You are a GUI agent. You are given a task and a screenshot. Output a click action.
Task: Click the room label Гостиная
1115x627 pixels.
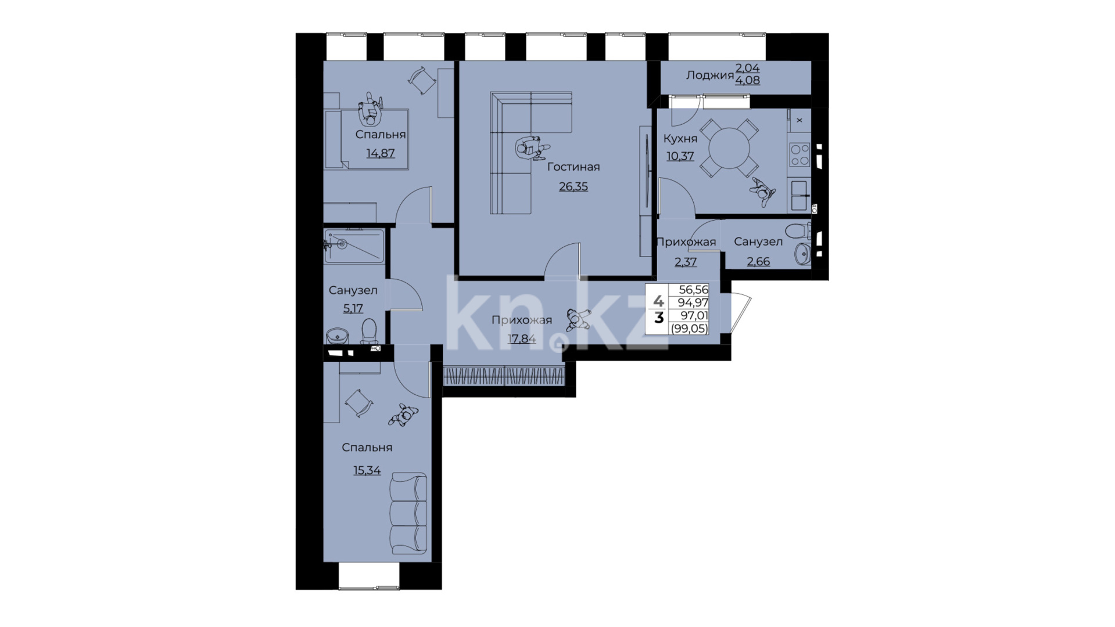tap(573, 167)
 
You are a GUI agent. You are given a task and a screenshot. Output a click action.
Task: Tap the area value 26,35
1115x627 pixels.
tap(573, 187)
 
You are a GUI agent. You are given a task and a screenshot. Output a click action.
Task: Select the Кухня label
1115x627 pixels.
tap(680, 139)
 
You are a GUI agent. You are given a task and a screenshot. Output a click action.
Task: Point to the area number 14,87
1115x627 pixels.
tap(381, 153)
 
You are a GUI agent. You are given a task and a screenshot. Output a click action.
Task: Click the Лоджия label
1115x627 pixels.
tap(709, 75)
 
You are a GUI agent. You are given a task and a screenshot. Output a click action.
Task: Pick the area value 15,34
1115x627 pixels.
tap(367, 470)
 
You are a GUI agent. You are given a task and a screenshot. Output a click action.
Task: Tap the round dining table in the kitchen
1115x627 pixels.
tap(729, 147)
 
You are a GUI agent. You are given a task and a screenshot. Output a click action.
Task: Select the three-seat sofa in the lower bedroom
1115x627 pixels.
tap(409, 513)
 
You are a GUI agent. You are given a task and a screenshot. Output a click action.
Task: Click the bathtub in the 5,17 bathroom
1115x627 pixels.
tap(354, 246)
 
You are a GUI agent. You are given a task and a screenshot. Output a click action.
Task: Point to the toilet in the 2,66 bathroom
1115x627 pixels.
tap(802, 230)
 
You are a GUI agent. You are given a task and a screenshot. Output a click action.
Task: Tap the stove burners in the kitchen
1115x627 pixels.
tap(799, 154)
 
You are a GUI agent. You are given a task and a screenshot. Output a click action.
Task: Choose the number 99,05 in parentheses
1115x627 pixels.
tap(689, 329)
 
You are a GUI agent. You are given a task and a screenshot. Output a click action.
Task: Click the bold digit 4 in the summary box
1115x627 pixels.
tap(658, 301)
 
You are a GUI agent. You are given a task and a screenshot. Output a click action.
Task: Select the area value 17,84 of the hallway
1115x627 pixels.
tap(522, 339)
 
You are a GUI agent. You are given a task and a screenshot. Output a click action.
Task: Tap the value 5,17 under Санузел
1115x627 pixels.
tap(353, 308)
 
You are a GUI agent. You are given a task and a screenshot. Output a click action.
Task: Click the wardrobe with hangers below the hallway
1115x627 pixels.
tap(503, 376)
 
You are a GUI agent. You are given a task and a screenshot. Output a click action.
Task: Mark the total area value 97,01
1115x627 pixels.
tap(694, 315)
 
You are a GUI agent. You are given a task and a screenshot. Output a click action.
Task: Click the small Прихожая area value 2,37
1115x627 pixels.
tap(686, 262)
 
